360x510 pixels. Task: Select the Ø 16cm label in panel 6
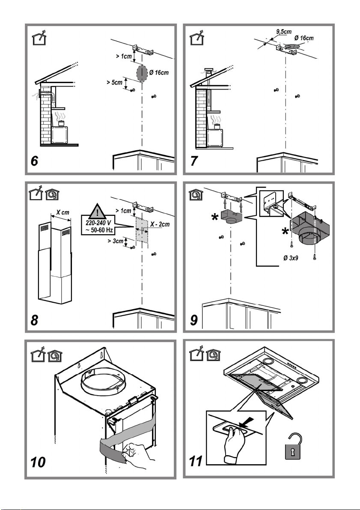pyautogui.click(x=158, y=73)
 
